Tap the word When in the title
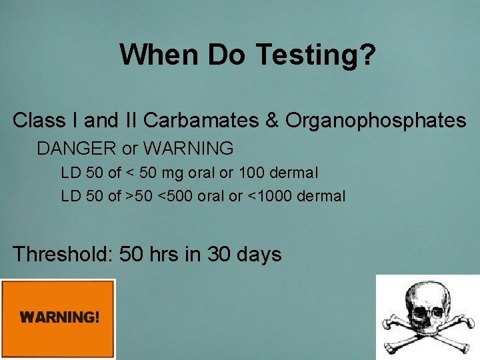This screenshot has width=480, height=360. point(160,55)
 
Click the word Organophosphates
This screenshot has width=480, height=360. point(375,121)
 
